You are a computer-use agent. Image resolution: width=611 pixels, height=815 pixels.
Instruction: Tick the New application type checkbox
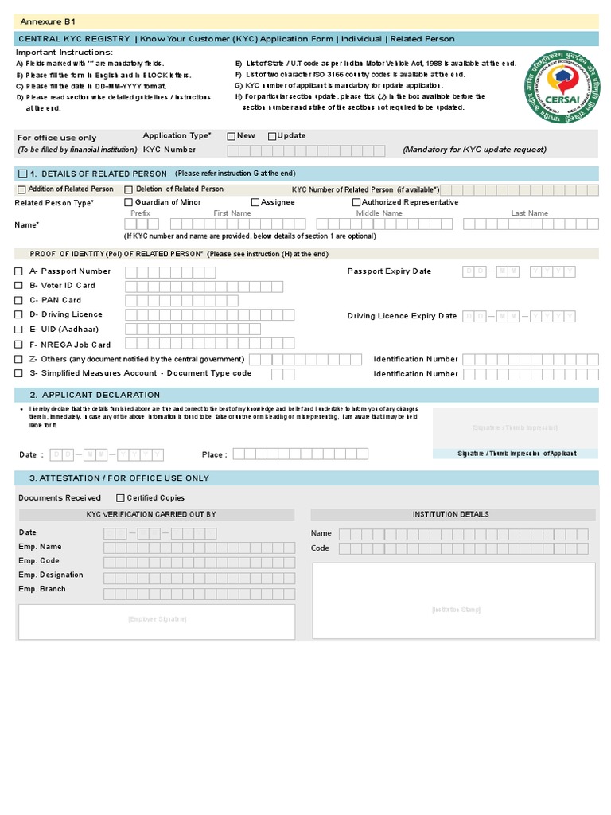point(232,136)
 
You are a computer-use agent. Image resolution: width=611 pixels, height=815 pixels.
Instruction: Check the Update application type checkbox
point(272,136)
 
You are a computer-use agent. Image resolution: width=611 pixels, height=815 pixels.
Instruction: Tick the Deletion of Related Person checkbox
point(128,189)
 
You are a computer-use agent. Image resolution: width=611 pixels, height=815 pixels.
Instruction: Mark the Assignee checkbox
point(255,202)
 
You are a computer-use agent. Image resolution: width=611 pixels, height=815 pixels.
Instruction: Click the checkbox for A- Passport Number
point(19,271)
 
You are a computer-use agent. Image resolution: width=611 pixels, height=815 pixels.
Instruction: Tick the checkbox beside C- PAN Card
point(19,300)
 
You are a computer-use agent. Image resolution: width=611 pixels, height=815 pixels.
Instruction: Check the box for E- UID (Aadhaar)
point(19,329)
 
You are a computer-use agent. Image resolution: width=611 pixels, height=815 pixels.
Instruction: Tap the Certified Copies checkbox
point(120,497)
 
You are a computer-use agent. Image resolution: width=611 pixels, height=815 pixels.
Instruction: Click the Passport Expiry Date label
point(389,271)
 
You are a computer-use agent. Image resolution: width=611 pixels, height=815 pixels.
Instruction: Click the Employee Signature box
point(157,619)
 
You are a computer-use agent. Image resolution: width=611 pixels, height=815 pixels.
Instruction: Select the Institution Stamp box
point(455,610)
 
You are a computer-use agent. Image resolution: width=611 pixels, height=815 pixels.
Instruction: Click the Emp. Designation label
point(51,575)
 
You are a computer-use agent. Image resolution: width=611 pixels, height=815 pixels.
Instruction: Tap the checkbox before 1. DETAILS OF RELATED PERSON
point(22,174)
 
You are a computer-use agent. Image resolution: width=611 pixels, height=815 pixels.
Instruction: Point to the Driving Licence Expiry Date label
point(402,316)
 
